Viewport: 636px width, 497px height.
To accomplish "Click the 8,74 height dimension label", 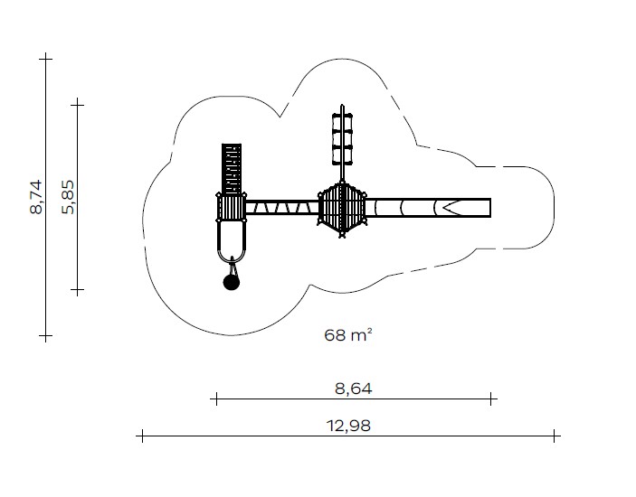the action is point(35,197).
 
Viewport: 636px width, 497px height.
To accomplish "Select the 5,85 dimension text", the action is point(68,197).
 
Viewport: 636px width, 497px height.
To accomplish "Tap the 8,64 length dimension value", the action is point(354,389).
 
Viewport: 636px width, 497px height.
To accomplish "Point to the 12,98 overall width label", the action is point(348,427).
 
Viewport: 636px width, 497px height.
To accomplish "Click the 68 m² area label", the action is point(348,335).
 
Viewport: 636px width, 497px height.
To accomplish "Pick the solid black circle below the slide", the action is point(232,282).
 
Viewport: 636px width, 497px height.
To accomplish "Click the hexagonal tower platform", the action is point(342,209).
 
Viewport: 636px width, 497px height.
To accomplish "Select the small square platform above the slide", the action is point(232,208).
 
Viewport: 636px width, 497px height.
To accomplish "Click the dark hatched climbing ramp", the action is point(232,168).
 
